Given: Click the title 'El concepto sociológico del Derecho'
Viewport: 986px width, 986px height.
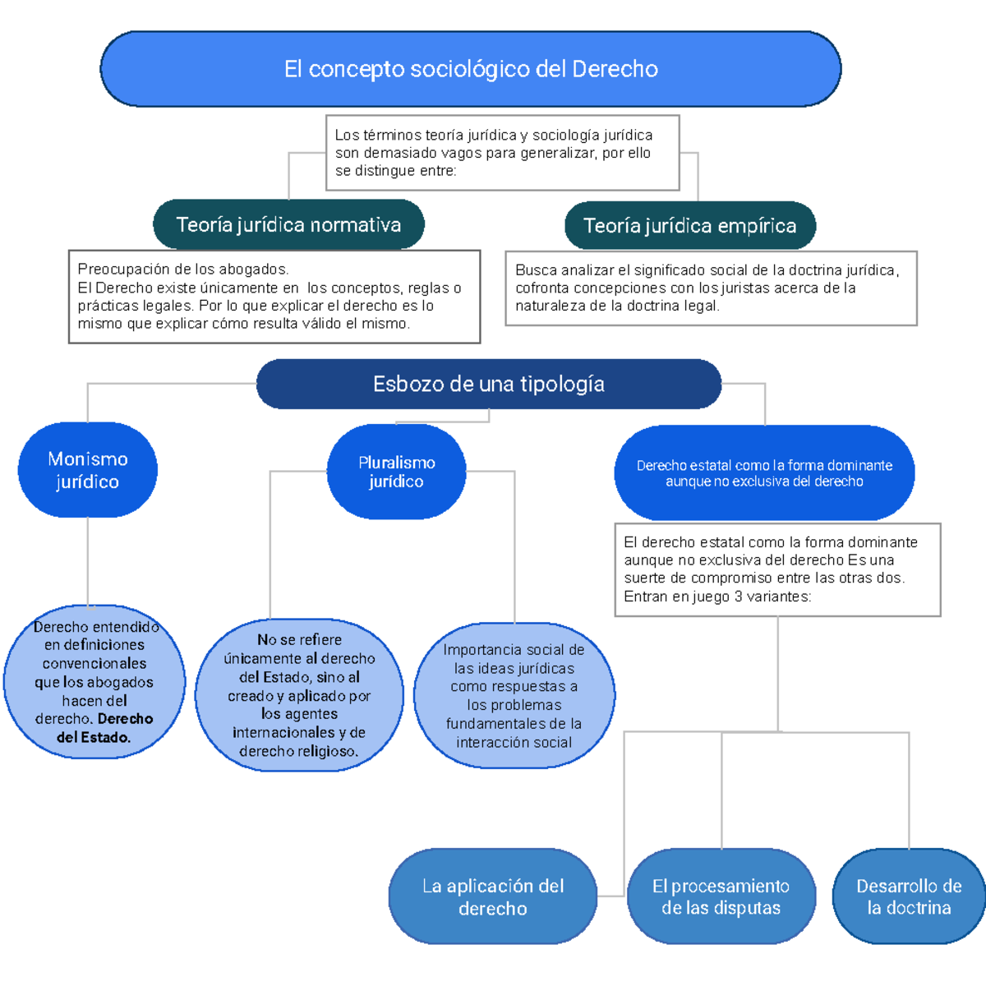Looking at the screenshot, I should [x=471, y=69].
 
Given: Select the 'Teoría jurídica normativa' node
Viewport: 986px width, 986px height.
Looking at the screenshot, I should [x=288, y=224].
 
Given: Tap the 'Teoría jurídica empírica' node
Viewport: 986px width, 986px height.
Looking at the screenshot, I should [x=689, y=225].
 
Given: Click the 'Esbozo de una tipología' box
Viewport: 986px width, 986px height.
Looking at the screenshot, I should [x=489, y=384].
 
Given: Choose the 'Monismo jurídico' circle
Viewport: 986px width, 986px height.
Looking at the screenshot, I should [x=88, y=470].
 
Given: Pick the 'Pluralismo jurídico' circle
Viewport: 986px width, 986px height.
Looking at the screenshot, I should [x=396, y=472].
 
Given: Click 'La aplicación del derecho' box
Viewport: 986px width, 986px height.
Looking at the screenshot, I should [x=492, y=896].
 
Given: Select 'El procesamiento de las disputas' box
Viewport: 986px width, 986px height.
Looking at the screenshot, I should [x=721, y=896].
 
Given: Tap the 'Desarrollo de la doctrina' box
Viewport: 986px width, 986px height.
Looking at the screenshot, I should [x=909, y=896].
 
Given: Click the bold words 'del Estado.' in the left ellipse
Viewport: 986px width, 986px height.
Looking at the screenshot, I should [x=93, y=737].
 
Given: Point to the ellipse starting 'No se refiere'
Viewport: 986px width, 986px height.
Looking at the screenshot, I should [x=299, y=695].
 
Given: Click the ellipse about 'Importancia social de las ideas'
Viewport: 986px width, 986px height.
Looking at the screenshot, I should [x=514, y=695].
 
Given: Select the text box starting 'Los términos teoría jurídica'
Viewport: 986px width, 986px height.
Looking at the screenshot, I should [x=502, y=153].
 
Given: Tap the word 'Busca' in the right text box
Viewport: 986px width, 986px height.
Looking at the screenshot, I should [x=533, y=270].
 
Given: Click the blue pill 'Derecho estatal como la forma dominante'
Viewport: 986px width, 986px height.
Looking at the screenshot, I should [x=764, y=472].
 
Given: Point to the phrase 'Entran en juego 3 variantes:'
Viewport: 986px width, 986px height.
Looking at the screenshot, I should [x=717, y=597].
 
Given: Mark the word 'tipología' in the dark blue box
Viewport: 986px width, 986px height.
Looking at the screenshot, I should [x=567, y=384].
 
